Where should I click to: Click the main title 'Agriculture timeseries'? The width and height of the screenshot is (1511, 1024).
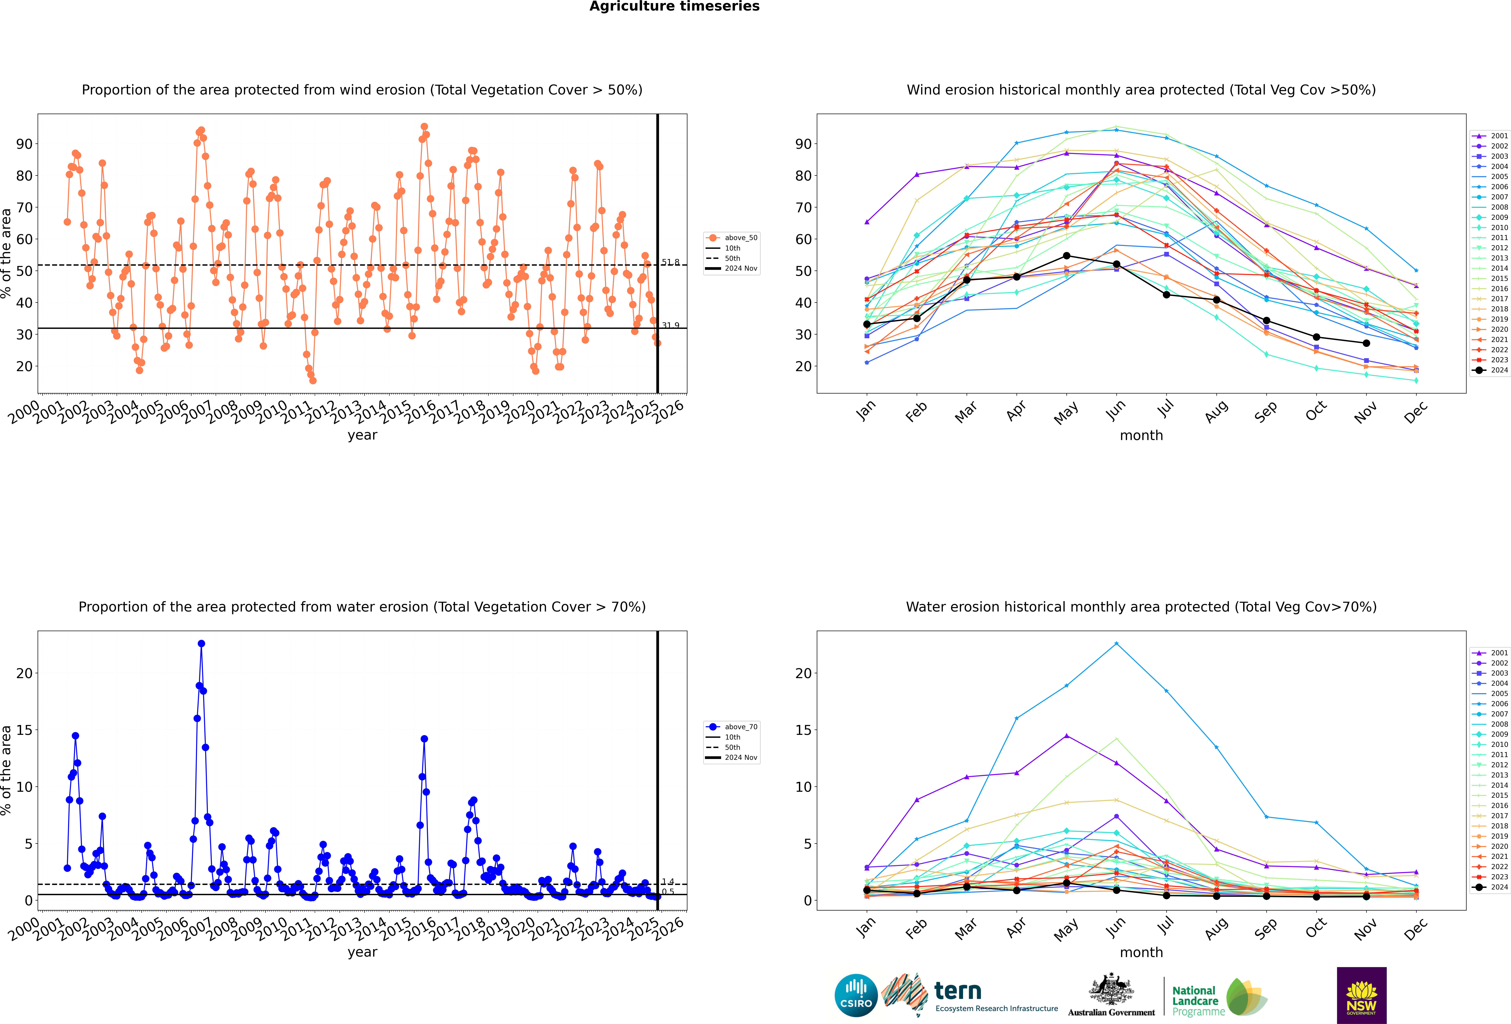click(x=674, y=6)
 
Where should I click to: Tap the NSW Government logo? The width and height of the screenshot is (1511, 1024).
click(x=1362, y=995)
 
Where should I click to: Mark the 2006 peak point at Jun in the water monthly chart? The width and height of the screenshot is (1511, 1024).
click(x=1116, y=644)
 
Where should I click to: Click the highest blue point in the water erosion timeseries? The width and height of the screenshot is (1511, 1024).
click(x=202, y=644)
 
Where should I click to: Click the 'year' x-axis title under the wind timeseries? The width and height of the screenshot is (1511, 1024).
click(x=362, y=435)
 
